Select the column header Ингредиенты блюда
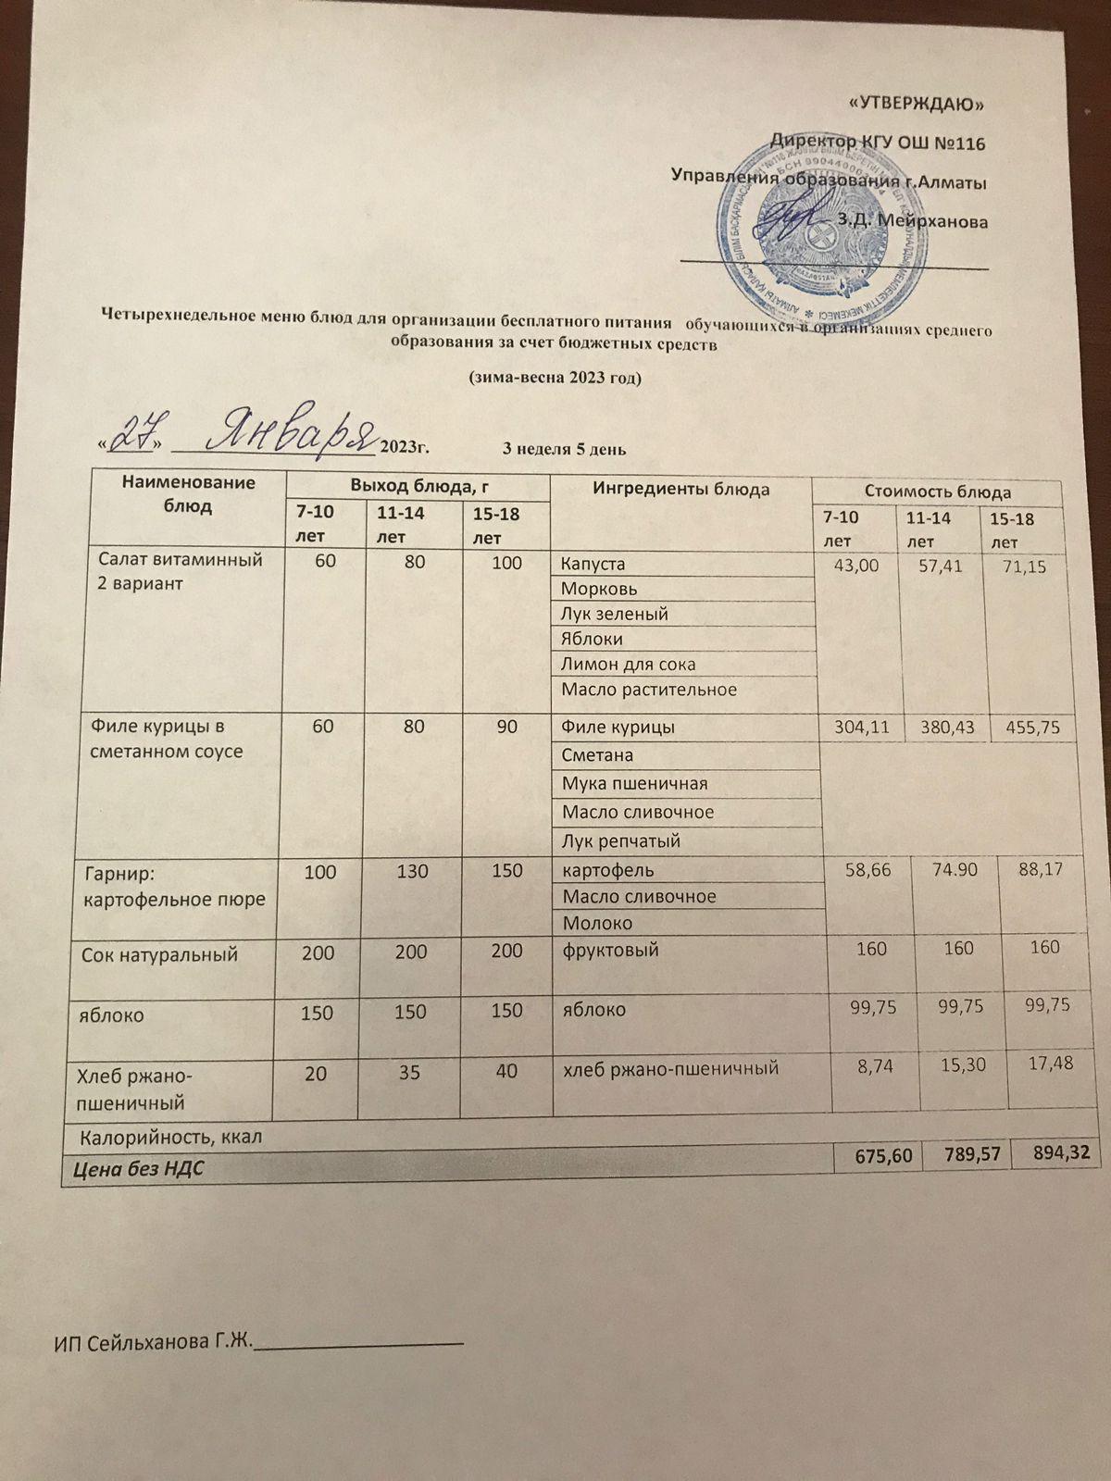point(681,490)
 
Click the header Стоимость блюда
point(936,492)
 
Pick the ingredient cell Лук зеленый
point(615,614)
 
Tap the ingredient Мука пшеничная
point(634,784)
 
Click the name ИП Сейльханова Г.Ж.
point(155,1342)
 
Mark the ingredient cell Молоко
point(597,923)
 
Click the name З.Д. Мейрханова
point(911,222)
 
